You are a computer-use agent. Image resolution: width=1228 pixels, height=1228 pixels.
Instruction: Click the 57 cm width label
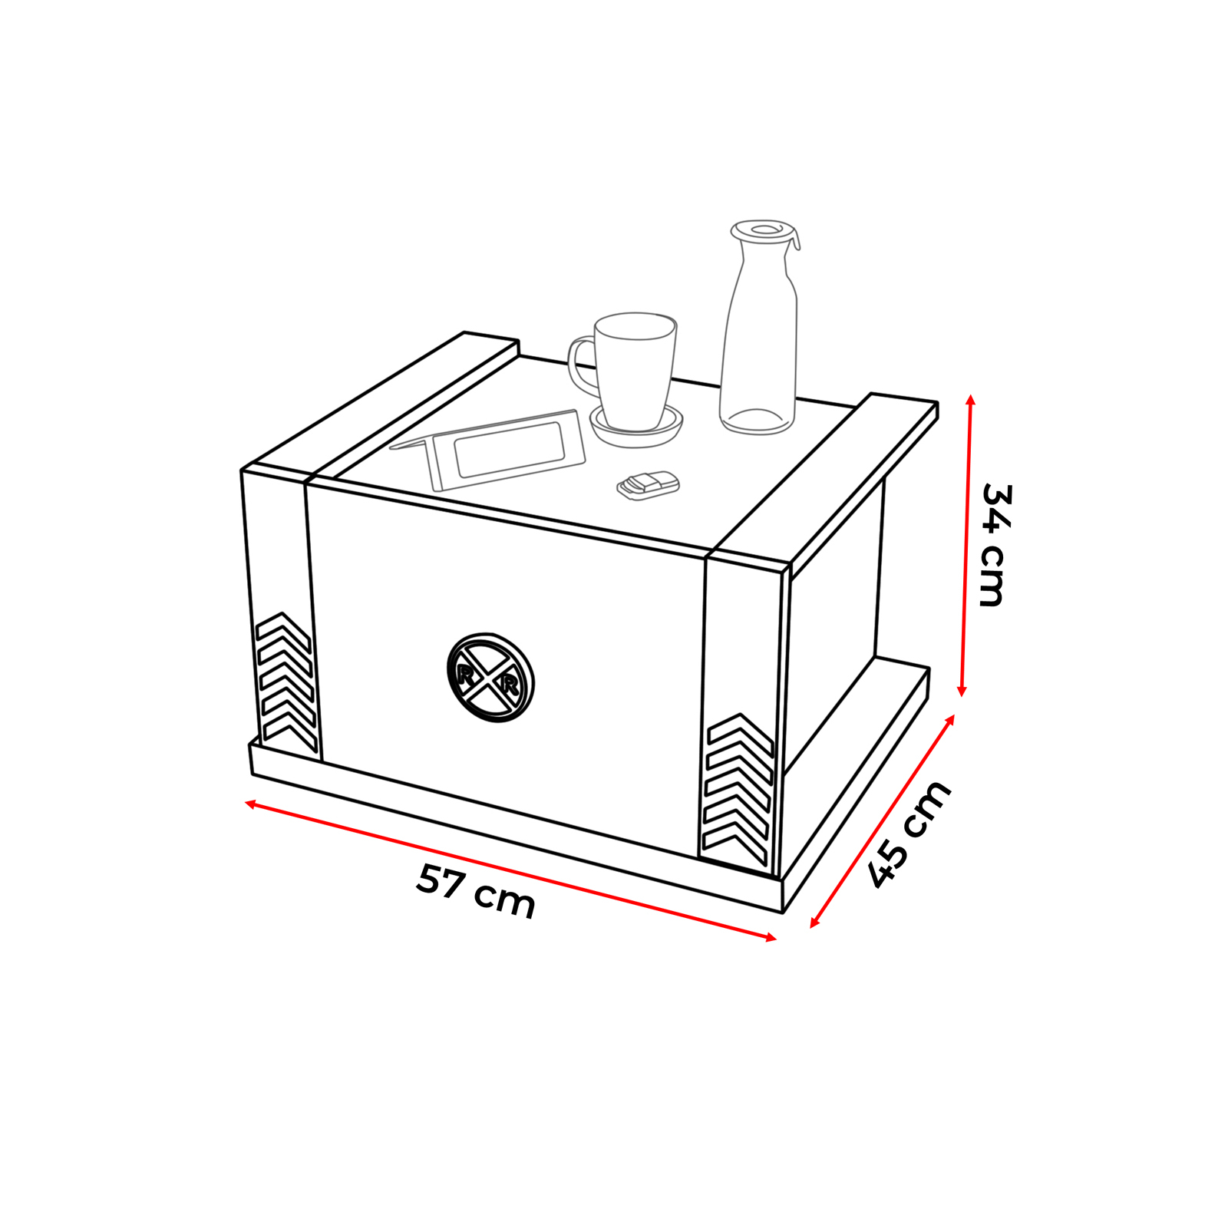click(x=475, y=891)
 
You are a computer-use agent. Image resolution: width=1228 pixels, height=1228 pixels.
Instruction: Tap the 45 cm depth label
click(x=909, y=835)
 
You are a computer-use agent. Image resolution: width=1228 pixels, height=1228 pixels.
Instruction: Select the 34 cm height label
click(x=995, y=546)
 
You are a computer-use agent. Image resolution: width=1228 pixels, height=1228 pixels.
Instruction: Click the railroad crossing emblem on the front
click(x=490, y=678)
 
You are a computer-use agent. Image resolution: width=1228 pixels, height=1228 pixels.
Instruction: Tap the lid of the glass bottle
click(x=764, y=231)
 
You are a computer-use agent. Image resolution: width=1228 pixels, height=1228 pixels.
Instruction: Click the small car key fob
click(x=649, y=485)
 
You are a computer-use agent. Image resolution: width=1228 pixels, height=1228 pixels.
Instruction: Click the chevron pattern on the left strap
click(x=286, y=682)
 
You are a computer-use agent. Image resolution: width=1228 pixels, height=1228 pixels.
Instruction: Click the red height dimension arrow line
click(x=966, y=546)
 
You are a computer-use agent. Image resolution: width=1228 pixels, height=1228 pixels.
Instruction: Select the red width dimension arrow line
click(x=510, y=870)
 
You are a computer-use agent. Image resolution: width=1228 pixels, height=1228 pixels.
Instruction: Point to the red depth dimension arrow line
click(x=883, y=821)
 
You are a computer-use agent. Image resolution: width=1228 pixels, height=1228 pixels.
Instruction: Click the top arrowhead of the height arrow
click(x=971, y=400)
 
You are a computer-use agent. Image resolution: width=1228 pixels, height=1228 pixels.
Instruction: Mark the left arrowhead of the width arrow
click(x=250, y=803)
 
